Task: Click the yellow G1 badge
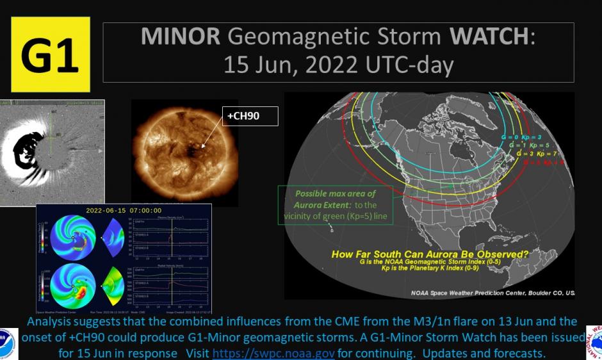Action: click(50, 54)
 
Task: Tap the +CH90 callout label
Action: click(250, 117)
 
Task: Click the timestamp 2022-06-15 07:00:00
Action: click(124, 209)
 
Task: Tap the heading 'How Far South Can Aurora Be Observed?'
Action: click(430, 254)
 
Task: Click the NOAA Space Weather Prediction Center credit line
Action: click(492, 292)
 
